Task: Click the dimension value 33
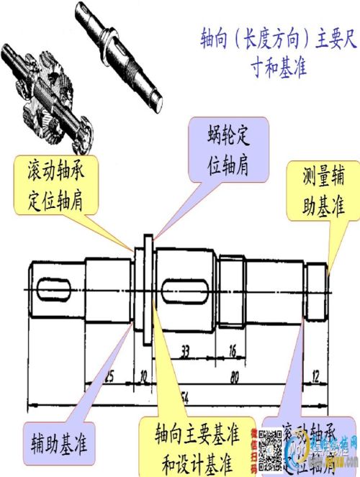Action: pos(185,351)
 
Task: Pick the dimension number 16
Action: pos(232,351)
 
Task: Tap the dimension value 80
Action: pos(233,375)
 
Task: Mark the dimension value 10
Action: pos(143,375)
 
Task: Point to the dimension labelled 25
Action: pos(109,375)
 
